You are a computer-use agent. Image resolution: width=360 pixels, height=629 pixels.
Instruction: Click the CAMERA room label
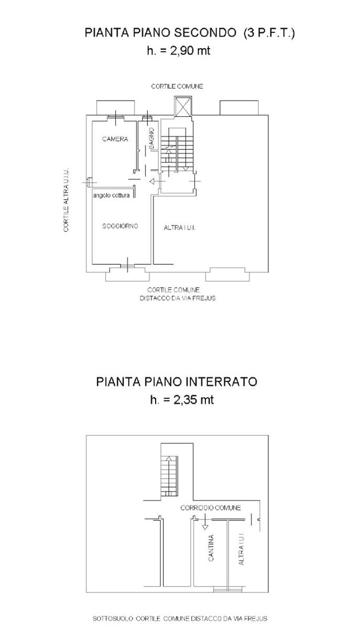click(x=115, y=139)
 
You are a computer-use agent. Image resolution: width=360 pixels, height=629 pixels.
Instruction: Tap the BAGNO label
click(x=151, y=138)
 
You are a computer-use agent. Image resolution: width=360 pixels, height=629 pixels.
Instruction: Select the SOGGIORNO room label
click(x=120, y=226)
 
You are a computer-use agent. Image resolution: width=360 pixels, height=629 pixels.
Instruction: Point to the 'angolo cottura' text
click(x=111, y=196)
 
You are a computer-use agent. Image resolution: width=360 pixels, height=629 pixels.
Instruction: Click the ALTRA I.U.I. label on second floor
click(x=179, y=227)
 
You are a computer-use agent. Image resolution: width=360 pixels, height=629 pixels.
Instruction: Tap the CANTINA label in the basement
click(x=211, y=548)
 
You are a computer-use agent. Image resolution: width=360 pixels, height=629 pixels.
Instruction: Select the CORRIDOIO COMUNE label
click(x=211, y=508)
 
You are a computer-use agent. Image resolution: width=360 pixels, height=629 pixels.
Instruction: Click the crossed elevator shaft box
click(x=183, y=106)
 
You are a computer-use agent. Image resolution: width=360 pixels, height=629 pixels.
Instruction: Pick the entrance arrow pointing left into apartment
click(x=157, y=181)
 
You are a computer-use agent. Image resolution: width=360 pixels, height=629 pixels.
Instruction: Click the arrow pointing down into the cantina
click(x=205, y=522)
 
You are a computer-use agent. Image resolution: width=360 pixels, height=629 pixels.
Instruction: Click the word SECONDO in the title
click(x=205, y=32)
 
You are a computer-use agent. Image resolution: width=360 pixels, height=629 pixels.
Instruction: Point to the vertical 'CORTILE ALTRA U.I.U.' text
click(x=66, y=200)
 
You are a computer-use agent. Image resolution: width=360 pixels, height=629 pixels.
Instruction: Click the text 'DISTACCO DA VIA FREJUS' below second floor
click(x=178, y=298)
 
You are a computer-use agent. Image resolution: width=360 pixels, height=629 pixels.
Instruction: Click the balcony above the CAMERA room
click(x=115, y=108)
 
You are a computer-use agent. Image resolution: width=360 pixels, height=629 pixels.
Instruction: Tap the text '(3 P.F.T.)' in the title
click(x=269, y=33)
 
